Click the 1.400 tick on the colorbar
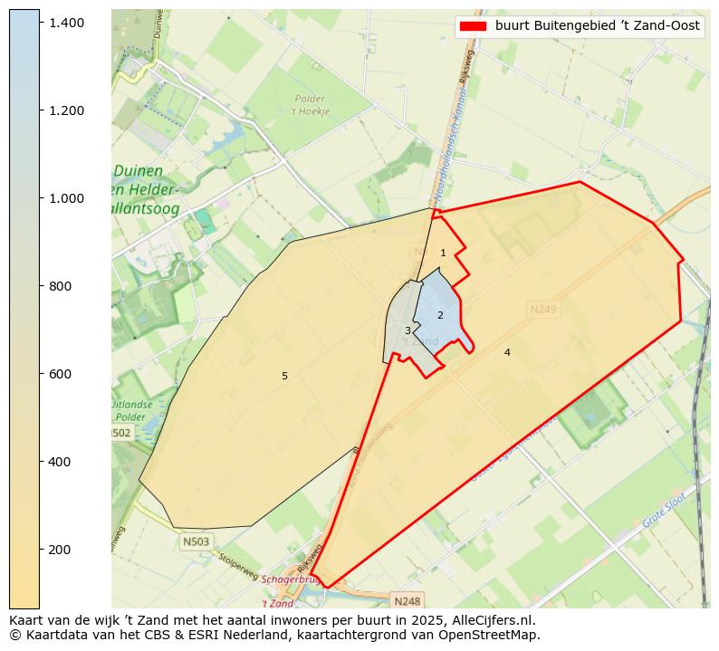(x=40, y=22)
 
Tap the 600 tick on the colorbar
(x=40, y=374)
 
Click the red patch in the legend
(x=472, y=25)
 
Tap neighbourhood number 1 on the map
(x=443, y=253)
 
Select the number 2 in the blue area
(x=440, y=315)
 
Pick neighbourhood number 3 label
(x=407, y=330)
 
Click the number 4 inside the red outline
(x=507, y=352)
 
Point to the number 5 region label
(x=284, y=376)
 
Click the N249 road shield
(x=543, y=310)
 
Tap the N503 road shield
(x=195, y=541)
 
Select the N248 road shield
(x=407, y=601)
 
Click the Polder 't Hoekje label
(x=310, y=105)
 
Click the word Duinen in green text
(x=138, y=171)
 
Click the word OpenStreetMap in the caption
(x=489, y=635)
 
